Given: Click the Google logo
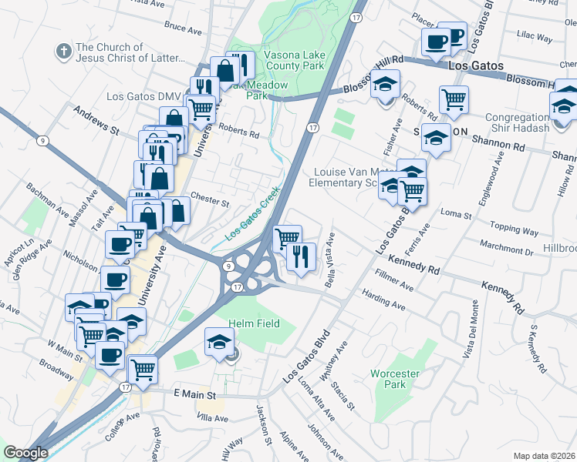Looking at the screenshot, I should click(25, 453).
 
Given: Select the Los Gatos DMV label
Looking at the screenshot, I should click(143, 96).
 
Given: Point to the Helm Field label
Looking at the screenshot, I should click(253, 323).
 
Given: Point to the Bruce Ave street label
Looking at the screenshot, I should click(183, 29).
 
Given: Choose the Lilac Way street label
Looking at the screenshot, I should click(535, 37).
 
